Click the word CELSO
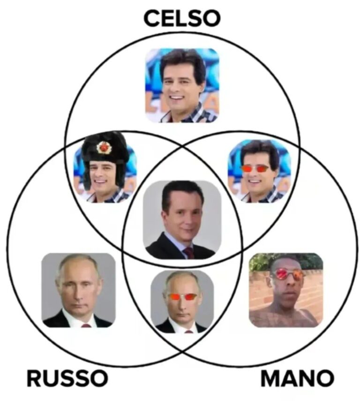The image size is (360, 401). [182, 18]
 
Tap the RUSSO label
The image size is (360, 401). [67, 378]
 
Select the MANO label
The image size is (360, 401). [297, 378]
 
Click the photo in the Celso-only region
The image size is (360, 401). [182, 85]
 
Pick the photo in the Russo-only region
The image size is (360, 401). [78, 290]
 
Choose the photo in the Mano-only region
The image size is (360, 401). [286, 290]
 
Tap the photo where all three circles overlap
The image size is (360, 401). [182, 219]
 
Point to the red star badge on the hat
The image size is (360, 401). [103, 147]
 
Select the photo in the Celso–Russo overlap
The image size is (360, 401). [105, 167]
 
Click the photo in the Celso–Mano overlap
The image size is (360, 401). [259, 171]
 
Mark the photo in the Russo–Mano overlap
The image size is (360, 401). [182, 302]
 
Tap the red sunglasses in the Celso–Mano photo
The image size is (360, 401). [255, 168]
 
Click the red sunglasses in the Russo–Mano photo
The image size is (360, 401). [182, 297]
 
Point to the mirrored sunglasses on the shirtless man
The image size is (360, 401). [287, 274]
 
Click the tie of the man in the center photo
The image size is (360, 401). [189, 253]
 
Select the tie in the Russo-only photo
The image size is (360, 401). [86, 325]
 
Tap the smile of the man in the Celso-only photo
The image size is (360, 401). [178, 98]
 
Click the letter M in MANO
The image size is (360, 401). [270, 378]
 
